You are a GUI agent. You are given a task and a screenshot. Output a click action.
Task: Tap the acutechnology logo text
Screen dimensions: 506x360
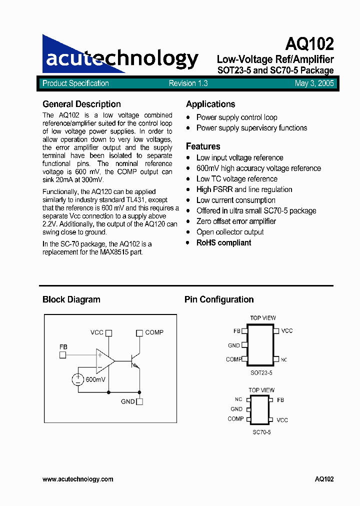pyautogui.click(x=122, y=59)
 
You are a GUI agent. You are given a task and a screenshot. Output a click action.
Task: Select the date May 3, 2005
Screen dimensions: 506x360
pyautogui.click(x=314, y=83)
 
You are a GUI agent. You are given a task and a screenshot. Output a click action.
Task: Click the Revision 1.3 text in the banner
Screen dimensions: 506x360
pyautogui.click(x=188, y=83)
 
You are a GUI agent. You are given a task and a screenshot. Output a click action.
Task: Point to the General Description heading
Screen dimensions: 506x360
pyautogui.click(x=81, y=104)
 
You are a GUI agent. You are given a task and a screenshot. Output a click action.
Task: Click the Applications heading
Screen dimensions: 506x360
pyautogui.click(x=210, y=104)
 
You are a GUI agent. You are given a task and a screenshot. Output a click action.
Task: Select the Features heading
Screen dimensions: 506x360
pyautogui.click(x=203, y=146)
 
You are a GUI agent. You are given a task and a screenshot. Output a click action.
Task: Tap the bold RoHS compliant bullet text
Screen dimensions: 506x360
pyautogui.click(x=223, y=242)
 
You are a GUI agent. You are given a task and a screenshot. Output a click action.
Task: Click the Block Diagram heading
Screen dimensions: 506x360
pyautogui.click(x=71, y=299)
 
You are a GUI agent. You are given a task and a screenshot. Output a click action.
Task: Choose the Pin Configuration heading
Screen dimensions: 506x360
pyautogui.click(x=219, y=299)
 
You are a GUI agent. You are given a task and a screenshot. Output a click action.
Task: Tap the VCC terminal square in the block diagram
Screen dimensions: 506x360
pyautogui.click(x=109, y=332)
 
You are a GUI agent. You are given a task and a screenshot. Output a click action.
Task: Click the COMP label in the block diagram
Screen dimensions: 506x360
pyautogui.click(x=154, y=332)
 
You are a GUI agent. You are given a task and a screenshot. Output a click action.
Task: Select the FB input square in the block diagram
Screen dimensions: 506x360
pyautogui.click(x=63, y=355)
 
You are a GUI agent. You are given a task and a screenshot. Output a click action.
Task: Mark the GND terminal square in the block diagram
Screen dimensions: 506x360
pyautogui.click(x=139, y=401)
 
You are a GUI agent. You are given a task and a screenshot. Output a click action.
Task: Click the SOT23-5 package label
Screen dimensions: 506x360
pyautogui.click(x=261, y=372)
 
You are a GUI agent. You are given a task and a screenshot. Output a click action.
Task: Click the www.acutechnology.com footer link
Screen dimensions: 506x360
pyautogui.click(x=78, y=479)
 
